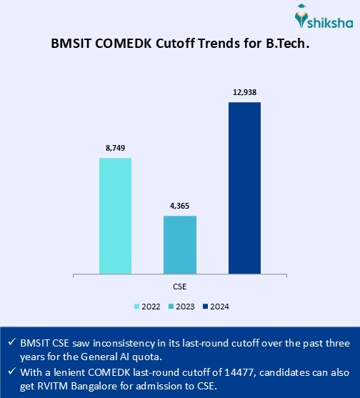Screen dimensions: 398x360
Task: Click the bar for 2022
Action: point(115,215)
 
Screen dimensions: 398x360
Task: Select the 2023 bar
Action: point(180,244)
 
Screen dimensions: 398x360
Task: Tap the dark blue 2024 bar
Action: point(244,187)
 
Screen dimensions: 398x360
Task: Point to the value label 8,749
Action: point(116,149)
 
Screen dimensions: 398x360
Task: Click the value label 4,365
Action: point(180,207)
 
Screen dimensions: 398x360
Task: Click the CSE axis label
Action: point(181,286)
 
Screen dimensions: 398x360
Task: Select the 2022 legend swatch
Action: point(137,307)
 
